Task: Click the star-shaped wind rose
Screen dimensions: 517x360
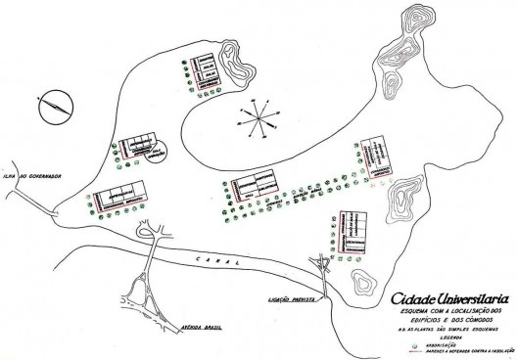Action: click(x=256, y=123)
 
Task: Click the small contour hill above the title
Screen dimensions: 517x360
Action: click(x=364, y=285)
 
